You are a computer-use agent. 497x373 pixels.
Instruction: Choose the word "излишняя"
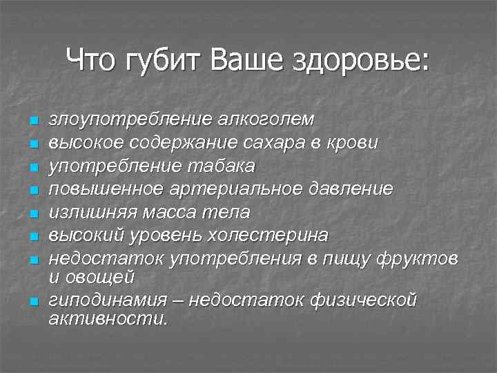pyautogui.click(x=90, y=212)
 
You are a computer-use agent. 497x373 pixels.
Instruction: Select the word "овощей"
pyautogui.click(x=107, y=276)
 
